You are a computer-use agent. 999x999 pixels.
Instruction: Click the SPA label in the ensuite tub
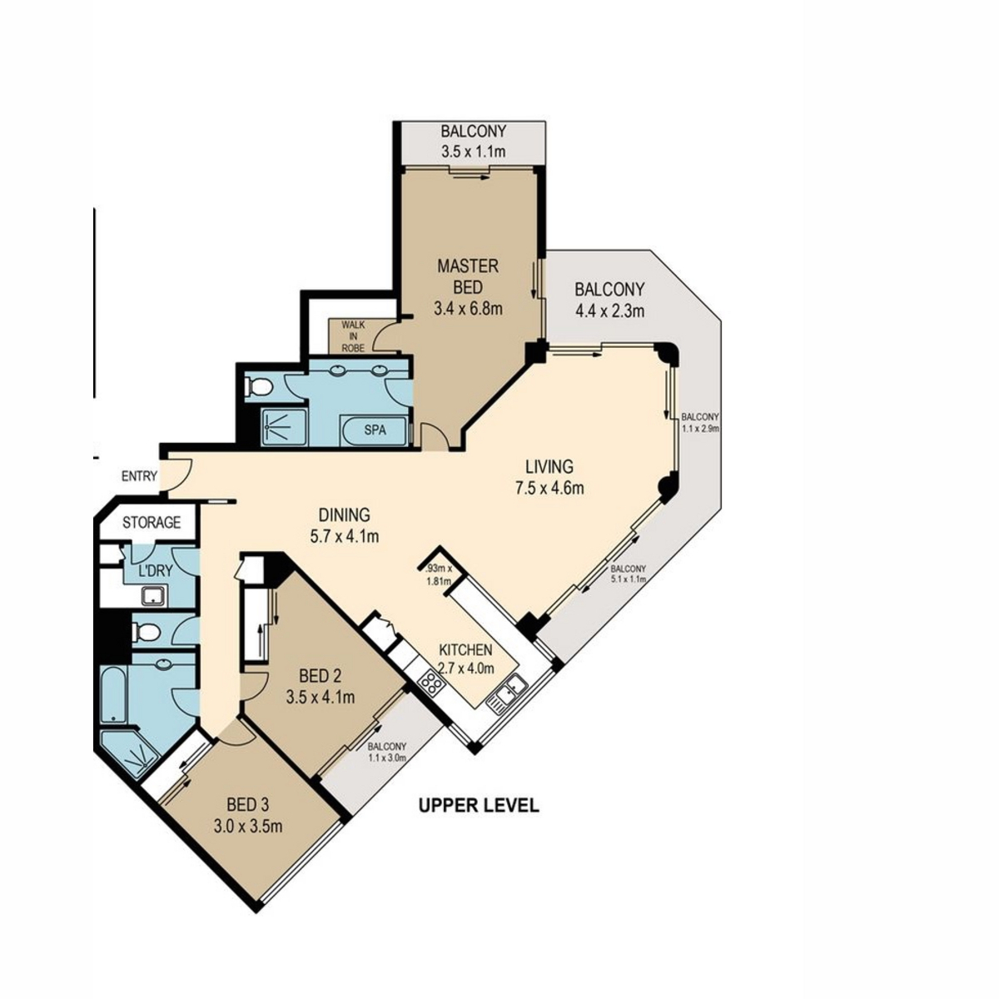[x=375, y=430]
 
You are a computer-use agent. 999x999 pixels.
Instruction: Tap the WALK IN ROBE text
[x=353, y=336]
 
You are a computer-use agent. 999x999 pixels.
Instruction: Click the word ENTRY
[x=139, y=476]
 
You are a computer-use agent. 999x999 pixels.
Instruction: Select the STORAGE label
[x=152, y=522]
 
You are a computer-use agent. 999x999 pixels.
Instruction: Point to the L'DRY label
[x=156, y=571]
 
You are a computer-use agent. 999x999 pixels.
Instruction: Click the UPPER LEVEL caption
[x=479, y=805]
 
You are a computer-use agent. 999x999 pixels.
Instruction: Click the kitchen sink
[x=507, y=694]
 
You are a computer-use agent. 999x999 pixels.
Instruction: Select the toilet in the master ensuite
[x=257, y=386]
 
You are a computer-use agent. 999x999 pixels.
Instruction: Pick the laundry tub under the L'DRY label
[x=154, y=596]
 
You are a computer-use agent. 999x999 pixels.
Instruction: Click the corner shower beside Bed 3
[x=128, y=753]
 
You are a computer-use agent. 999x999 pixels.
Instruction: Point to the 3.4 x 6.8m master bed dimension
[x=468, y=309]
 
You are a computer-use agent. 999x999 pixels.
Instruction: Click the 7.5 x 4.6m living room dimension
[x=549, y=488]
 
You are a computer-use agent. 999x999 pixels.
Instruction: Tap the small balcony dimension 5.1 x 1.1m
[x=628, y=579]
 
